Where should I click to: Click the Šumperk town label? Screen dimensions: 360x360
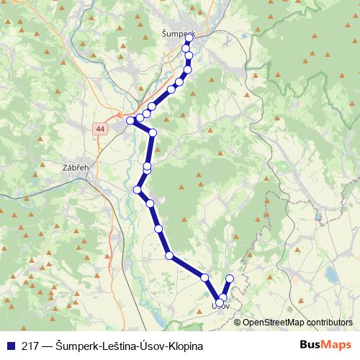pyautogui.click(x=178, y=33)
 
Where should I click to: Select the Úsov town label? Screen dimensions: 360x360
pyautogui.click(x=220, y=306)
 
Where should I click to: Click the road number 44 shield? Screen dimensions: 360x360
pyautogui.click(x=99, y=128)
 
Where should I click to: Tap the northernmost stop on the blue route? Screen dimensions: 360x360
pyautogui.click(x=189, y=40)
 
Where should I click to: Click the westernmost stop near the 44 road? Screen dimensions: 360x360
pyautogui.click(x=130, y=121)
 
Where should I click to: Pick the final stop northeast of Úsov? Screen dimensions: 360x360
pyautogui.click(x=230, y=279)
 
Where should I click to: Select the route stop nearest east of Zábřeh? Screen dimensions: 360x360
pyautogui.click(x=137, y=189)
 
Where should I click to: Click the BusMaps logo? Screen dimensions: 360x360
pyautogui.click(x=325, y=345)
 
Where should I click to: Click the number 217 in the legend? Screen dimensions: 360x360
pyautogui.click(x=29, y=346)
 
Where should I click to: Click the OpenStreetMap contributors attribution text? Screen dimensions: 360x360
pyautogui.click(x=297, y=323)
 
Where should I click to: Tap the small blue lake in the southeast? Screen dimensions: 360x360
pyautogui.click(x=330, y=274)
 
